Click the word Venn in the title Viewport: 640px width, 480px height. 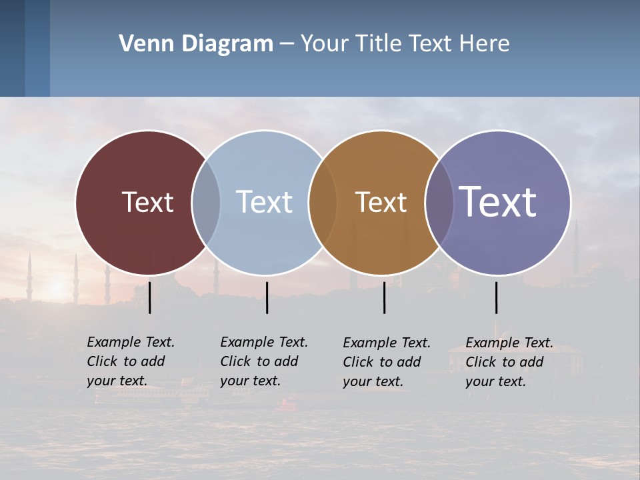[140, 44]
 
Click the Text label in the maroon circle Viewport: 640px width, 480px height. [147, 202]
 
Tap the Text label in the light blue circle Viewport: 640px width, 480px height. [264, 202]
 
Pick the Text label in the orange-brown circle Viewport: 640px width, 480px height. [381, 202]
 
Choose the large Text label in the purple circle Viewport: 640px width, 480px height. [498, 201]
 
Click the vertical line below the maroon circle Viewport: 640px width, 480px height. [150, 297]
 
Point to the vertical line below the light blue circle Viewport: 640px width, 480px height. [267, 297]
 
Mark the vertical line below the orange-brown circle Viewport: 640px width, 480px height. [385, 297]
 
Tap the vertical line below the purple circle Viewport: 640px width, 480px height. [496, 297]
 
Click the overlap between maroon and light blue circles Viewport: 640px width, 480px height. [206, 202]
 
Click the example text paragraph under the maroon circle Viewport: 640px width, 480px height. [131, 361]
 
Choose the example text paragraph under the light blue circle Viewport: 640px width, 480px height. [264, 361]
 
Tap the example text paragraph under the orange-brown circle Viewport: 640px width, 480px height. [387, 362]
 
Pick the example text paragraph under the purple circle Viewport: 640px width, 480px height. [509, 362]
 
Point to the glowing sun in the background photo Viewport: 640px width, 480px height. [57, 287]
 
